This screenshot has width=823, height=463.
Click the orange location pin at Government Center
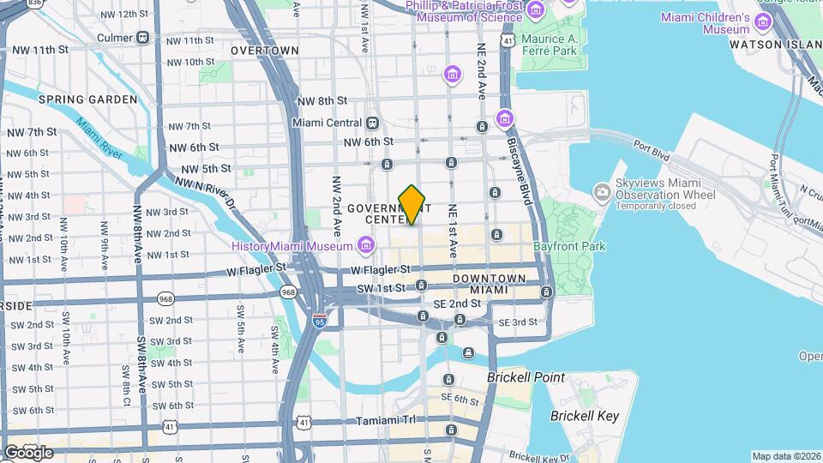click(412, 204)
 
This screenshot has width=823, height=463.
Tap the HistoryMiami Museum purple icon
click(366, 247)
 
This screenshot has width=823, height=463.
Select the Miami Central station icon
click(373, 123)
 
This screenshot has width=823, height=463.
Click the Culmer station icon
click(142, 38)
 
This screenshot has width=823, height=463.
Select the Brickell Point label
click(526, 377)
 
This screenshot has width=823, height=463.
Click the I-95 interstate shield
click(320, 321)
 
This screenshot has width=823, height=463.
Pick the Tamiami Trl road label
click(390, 420)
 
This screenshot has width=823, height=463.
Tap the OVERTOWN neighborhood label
click(265, 51)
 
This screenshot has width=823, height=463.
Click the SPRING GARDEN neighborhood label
click(87, 99)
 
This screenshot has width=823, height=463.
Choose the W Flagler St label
click(256, 269)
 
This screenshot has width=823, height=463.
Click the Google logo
click(27, 452)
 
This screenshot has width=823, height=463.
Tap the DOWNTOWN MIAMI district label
click(490, 285)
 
